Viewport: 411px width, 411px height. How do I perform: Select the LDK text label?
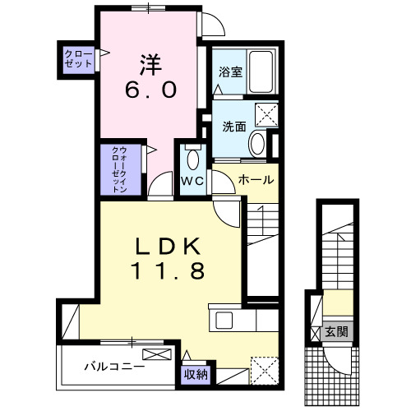point(169,247)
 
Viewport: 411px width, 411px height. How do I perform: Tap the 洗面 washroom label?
point(234,127)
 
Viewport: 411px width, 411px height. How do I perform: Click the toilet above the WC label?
point(194,158)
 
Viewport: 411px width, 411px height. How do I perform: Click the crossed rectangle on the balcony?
point(158,355)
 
